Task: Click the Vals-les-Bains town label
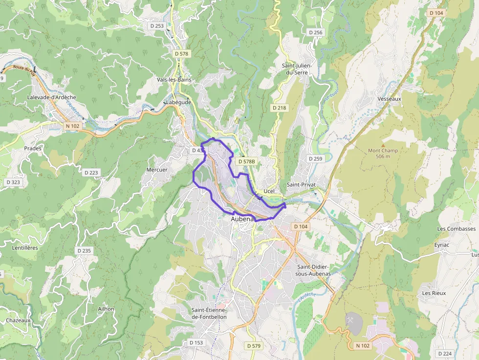[x=174, y=80]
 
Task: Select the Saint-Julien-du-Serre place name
[x=297, y=69]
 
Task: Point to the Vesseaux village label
[x=389, y=99]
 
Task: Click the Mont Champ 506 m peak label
[x=383, y=153]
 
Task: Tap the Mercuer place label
[x=157, y=170]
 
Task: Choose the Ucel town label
[x=269, y=191]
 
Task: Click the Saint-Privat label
[x=301, y=185]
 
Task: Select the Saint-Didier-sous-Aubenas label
[x=314, y=270]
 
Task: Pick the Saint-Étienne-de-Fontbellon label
[x=216, y=314]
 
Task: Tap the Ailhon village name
[x=106, y=309]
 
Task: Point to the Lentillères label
[x=25, y=248]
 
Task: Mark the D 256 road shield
[x=316, y=32]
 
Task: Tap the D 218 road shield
[x=279, y=107]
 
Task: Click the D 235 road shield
[x=84, y=251]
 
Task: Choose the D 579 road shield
[x=254, y=346]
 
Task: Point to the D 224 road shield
[x=445, y=353]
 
